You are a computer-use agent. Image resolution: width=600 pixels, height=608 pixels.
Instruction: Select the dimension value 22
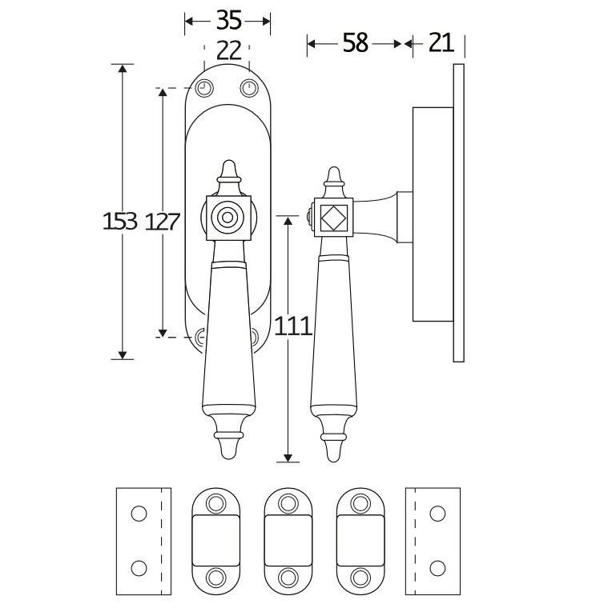tap(228, 51)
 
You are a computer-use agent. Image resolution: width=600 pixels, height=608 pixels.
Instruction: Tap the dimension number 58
tap(356, 42)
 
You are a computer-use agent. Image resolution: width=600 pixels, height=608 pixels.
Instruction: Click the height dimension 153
tap(120, 221)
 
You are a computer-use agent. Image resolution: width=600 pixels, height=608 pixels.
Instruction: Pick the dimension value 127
tap(162, 221)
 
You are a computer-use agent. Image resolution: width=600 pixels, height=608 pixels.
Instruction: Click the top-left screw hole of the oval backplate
tap(205, 88)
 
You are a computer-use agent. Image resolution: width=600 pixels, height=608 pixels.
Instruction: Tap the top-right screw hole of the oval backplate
tap(250, 88)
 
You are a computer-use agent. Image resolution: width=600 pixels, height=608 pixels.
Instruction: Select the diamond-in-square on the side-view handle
tap(332, 217)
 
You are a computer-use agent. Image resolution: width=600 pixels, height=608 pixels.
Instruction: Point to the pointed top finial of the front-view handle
tap(228, 170)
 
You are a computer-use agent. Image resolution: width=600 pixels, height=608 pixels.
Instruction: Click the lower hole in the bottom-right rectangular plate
tap(437, 568)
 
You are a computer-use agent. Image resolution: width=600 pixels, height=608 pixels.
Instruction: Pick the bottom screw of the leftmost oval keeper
tap(215, 577)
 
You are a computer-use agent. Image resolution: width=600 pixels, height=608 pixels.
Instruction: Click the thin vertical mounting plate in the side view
tap(458, 213)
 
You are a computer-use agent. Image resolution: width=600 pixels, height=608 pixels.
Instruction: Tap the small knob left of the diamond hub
tap(308, 217)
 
